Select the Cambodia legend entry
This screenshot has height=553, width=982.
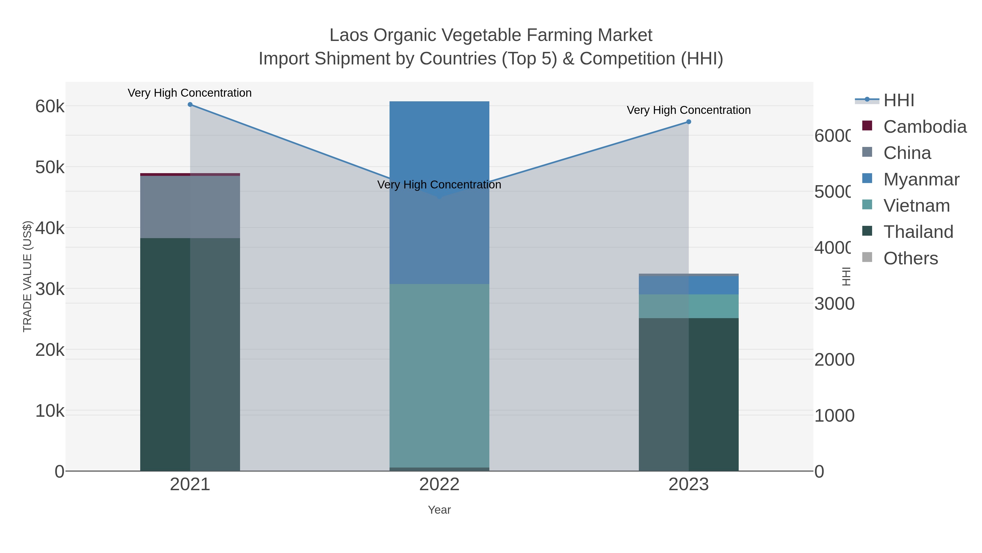[924, 127]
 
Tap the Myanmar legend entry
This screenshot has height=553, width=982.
[921, 179]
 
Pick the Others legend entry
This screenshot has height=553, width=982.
[910, 258]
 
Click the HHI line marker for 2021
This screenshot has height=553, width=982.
[190, 105]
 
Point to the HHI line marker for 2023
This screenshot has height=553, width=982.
[688, 122]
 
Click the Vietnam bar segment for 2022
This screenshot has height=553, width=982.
[439, 376]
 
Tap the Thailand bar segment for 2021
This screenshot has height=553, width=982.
[190, 355]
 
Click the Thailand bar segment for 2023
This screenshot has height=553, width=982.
[688, 395]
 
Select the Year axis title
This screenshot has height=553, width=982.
[439, 510]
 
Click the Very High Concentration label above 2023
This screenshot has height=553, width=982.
[688, 110]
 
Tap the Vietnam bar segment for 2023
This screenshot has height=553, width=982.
[688, 306]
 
